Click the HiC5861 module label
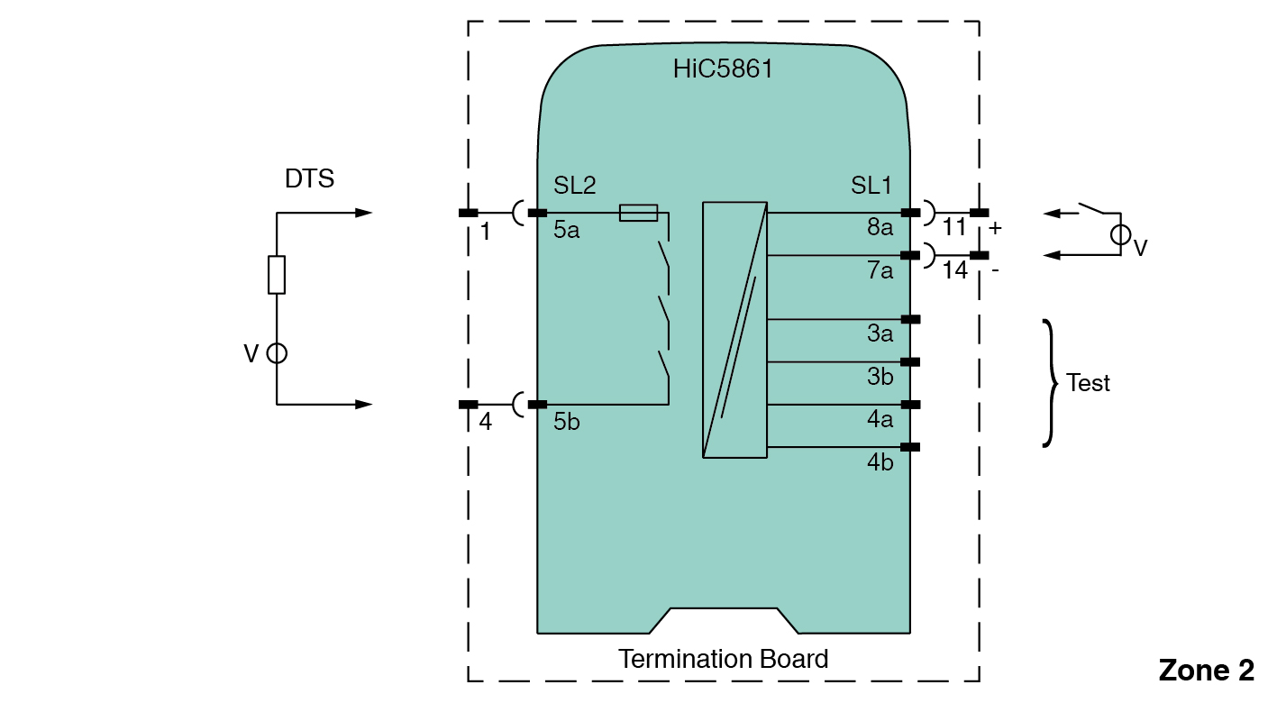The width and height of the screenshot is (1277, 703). (x=723, y=69)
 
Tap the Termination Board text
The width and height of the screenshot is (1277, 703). (x=723, y=659)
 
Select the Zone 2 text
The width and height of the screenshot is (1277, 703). (x=1206, y=671)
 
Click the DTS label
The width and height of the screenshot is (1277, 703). (x=309, y=178)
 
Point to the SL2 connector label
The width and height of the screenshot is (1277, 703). (x=575, y=186)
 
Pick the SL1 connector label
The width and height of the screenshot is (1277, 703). (x=871, y=186)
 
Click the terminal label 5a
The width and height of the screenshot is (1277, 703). (x=567, y=230)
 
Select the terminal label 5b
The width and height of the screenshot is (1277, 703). (x=567, y=421)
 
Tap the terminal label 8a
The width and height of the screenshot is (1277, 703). (x=880, y=228)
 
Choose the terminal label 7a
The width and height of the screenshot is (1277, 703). (x=880, y=270)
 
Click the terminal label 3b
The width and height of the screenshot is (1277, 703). (x=880, y=377)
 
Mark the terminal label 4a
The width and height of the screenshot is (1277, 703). (x=880, y=419)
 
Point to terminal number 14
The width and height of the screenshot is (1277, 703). (x=955, y=269)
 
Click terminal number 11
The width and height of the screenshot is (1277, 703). (x=953, y=227)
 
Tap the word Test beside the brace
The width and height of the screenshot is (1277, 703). (x=1088, y=383)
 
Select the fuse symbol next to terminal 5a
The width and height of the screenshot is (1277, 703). (x=638, y=214)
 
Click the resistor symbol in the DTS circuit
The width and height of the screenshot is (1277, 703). (x=277, y=275)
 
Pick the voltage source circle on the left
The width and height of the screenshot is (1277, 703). (x=277, y=353)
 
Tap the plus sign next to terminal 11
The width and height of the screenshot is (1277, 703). (x=995, y=228)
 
